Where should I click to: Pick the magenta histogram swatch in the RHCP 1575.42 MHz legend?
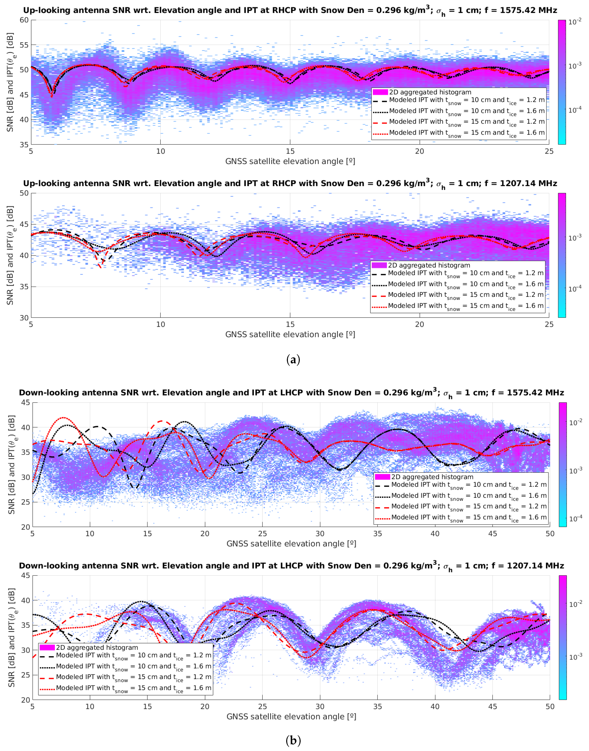pos(380,92)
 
